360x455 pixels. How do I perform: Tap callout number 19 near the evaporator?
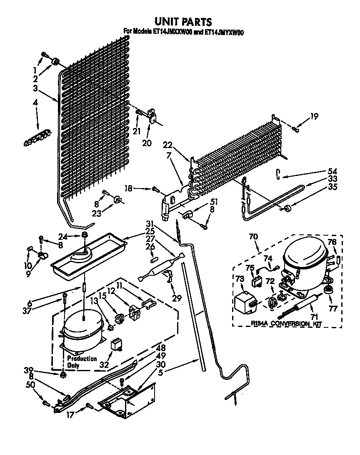(x=314, y=116)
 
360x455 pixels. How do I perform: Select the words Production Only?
(x=82, y=362)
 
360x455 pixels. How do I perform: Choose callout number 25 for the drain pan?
(x=150, y=231)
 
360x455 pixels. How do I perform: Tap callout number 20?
(x=147, y=143)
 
